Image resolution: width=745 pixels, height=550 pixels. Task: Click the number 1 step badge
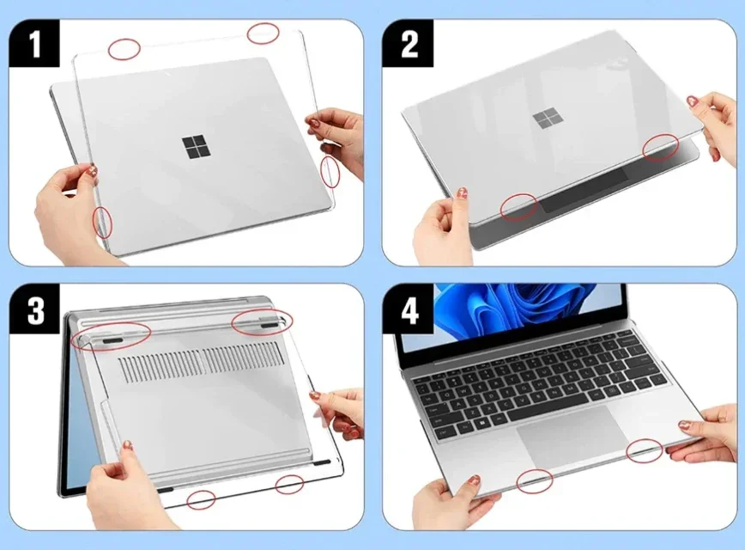(x=35, y=44)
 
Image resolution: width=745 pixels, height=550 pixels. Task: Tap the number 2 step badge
(x=409, y=44)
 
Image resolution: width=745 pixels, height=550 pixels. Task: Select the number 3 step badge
(x=35, y=310)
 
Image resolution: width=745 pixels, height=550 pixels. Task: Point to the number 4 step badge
(x=409, y=310)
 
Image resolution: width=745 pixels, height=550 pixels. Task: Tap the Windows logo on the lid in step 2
(x=545, y=119)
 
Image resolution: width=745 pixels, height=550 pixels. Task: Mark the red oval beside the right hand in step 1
(x=330, y=172)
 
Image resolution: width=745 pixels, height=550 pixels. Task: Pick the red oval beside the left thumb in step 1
(x=102, y=222)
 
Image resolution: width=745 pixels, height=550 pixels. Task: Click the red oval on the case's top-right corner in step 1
(x=263, y=34)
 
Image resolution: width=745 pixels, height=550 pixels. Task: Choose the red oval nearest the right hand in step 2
(x=662, y=147)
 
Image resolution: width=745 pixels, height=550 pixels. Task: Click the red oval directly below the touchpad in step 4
(x=535, y=481)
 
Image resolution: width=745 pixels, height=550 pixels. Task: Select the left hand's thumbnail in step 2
(x=461, y=193)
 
